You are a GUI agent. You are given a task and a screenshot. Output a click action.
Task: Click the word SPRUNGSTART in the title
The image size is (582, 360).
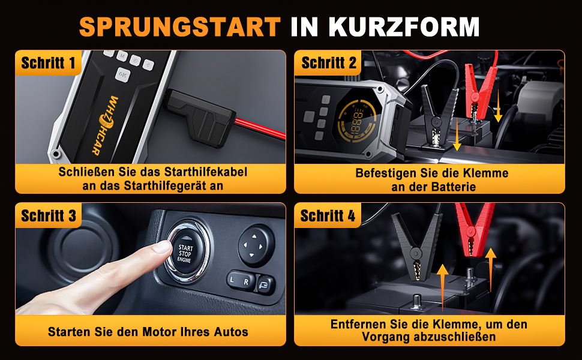[179, 26]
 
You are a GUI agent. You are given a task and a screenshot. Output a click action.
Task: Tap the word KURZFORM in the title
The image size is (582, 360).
[404, 26]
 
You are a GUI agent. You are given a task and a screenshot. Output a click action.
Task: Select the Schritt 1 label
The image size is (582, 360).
[48, 63]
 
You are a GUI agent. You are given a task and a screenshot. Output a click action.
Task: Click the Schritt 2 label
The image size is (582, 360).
[328, 63]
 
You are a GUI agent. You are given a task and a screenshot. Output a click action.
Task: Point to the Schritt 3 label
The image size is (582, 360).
[48, 215]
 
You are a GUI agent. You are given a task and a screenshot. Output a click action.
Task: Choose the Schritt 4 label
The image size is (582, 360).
[328, 215]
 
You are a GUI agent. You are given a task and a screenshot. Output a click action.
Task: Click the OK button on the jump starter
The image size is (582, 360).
[122, 75]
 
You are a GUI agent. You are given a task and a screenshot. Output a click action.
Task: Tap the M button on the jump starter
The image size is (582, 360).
[122, 56]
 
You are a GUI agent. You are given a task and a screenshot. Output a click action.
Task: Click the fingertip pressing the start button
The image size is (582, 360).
[163, 247]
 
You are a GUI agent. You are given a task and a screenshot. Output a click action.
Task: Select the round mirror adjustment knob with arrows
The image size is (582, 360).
[256, 245]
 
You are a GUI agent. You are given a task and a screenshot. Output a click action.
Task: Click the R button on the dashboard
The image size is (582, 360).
[247, 282]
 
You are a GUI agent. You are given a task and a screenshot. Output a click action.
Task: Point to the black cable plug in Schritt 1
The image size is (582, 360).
[199, 117]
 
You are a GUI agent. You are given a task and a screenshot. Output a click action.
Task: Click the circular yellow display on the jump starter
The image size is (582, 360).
[356, 121]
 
